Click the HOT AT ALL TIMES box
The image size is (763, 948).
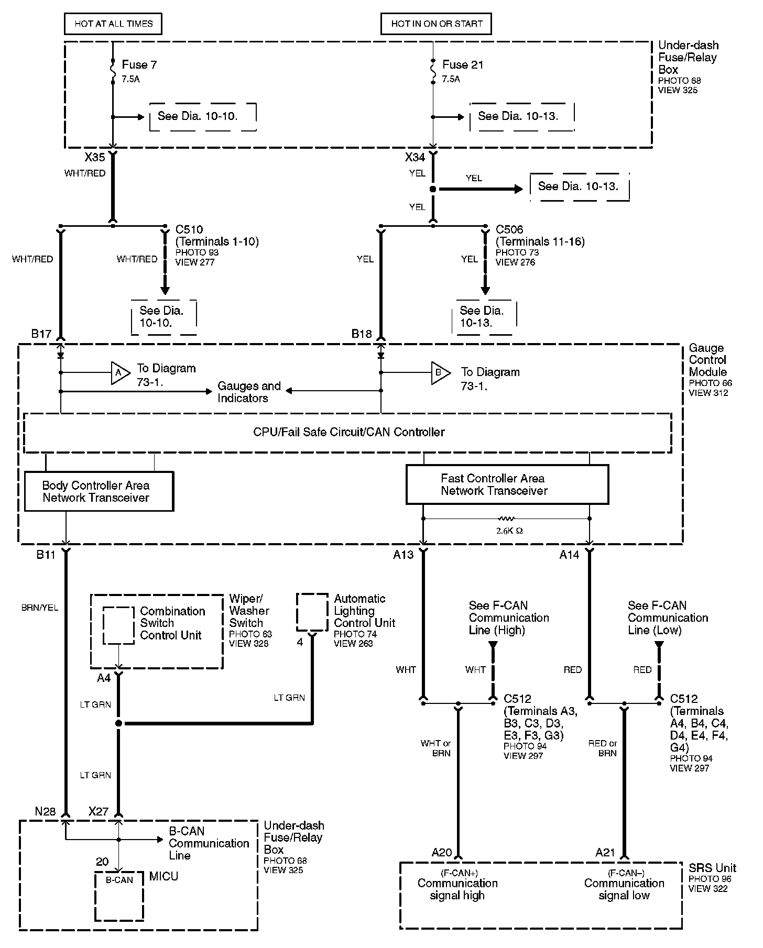[x=113, y=24]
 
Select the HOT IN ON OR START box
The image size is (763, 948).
[x=436, y=24]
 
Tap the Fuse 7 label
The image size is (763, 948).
[x=139, y=65]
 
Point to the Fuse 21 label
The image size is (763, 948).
[x=462, y=65]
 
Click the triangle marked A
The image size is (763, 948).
[x=119, y=372]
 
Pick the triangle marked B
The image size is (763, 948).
[x=440, y=373]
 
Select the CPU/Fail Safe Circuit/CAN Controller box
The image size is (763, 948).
[x=348, y=433]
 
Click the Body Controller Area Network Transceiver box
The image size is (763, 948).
[x=99, y=491]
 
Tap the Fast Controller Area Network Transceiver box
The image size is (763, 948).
[x=507, y=484]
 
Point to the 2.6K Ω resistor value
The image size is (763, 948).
[x=509, y=531]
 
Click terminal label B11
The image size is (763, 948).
[x=46, y=555]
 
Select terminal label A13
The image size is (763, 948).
[x=404, y=555]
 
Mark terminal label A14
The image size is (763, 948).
[x=569, y=555]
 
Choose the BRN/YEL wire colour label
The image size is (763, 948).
[x=40, y=608]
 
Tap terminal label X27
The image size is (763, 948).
[x=99, y=811]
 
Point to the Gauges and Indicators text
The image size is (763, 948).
[x=249, y=392]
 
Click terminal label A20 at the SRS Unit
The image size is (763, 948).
[x=442, y=853]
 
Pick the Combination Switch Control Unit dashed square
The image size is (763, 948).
[x=118, y=625]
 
